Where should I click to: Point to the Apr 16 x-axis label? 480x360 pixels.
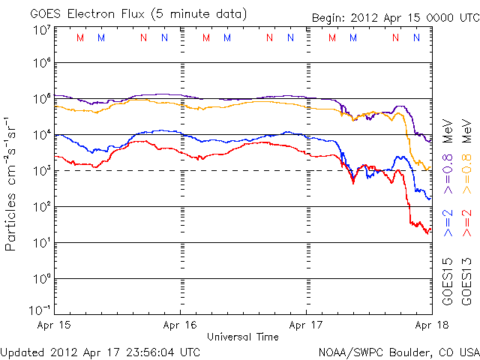pos(181,325)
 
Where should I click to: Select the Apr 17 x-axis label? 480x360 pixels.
pos(307,325)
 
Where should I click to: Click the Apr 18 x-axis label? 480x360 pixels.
pos(432,325)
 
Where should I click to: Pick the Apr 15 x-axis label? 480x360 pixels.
pos(55,325)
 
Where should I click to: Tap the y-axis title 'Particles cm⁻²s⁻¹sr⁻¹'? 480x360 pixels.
pos(12,183)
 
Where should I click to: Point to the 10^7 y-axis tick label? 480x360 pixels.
pos(41,30)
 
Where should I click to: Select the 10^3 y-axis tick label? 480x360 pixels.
pos(41,171)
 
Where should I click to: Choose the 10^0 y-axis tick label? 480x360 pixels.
pos(41,278)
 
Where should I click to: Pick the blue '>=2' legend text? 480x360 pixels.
pos(447,223)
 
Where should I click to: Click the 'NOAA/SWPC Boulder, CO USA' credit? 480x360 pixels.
pos(397,351)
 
